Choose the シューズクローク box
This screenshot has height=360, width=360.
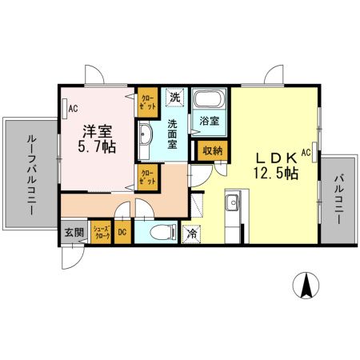tap(101, 232)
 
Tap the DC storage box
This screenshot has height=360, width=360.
tap(122, 232)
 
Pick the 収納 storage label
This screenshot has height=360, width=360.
tap(212, 149)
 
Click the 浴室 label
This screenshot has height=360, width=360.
tap(210, 123)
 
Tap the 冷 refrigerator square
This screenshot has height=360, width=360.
tap(192, 234)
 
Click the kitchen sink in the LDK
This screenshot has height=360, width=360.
tap(232, 202)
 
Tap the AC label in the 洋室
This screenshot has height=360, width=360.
tap(72, 108)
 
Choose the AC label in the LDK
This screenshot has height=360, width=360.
tap(306, 151)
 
